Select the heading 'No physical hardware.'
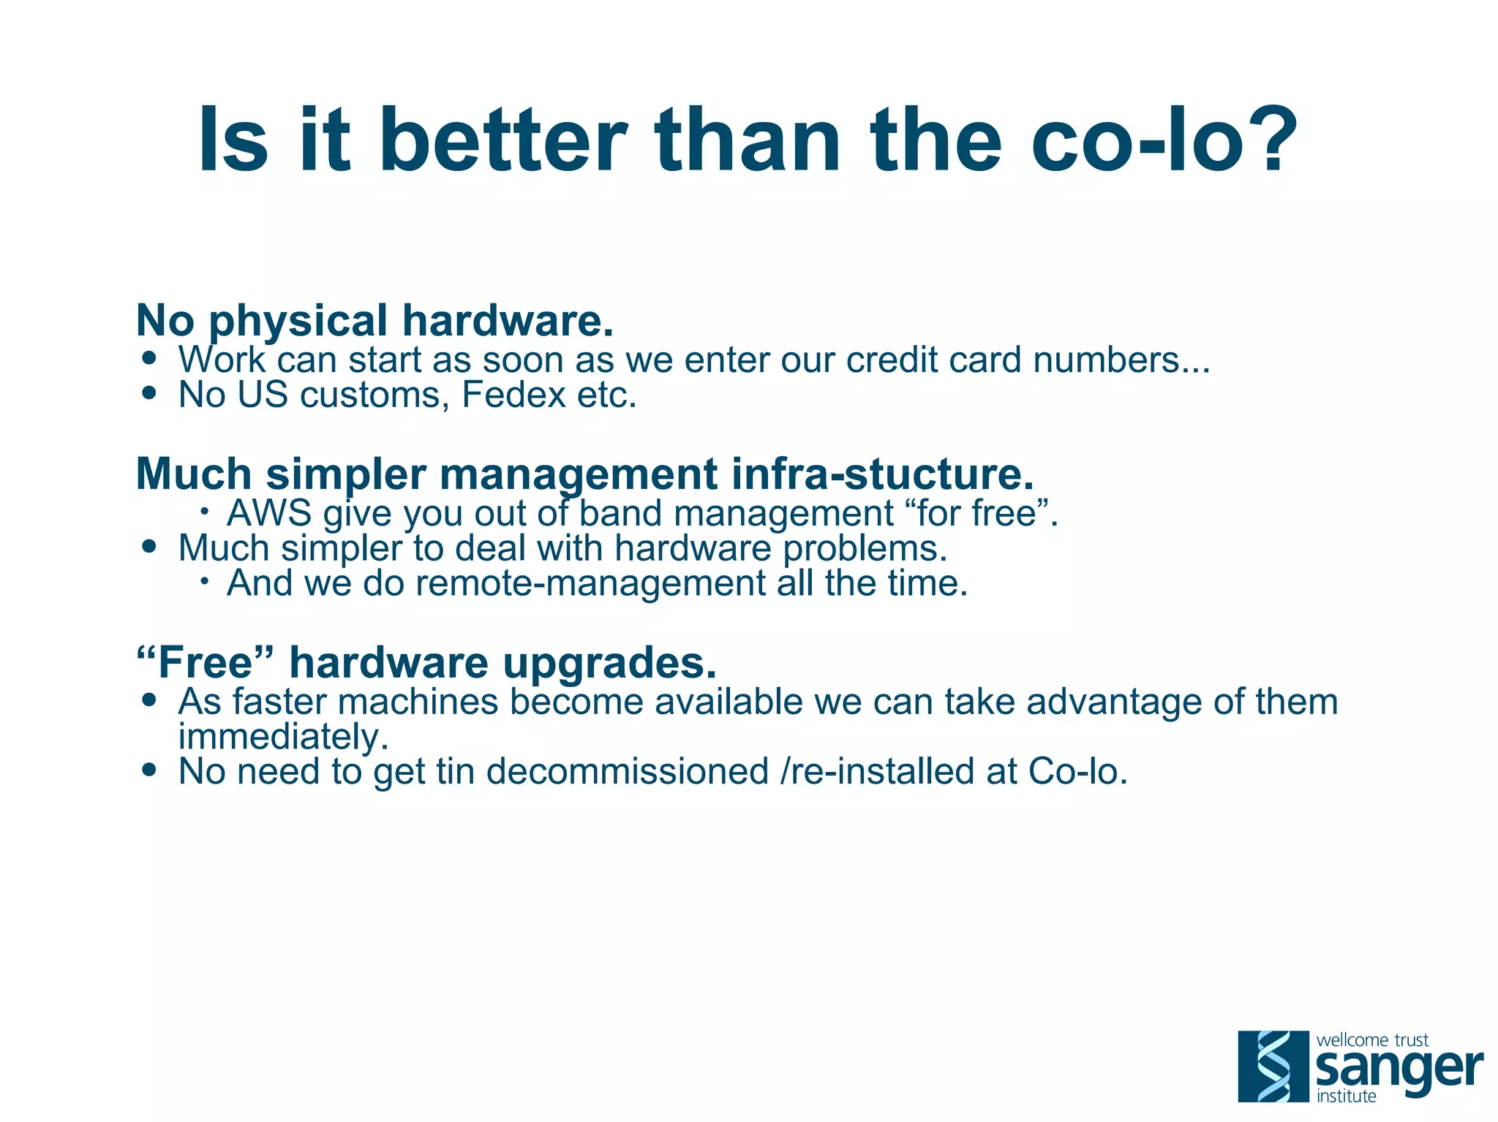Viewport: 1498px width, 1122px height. (374, 321)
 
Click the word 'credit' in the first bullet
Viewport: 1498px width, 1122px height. (886, 360)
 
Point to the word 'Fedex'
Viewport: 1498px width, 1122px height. (513, 395)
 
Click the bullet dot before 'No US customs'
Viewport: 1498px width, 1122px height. (150, 393)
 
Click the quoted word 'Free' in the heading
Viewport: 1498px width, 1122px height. (206, 663)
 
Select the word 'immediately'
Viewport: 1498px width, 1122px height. (282, 736)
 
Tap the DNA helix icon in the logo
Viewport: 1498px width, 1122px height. (1273, 1066)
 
